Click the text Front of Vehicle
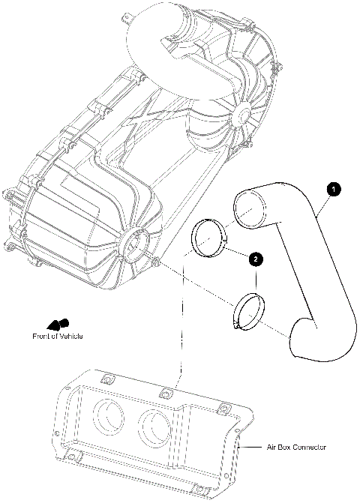(x=57, y=336)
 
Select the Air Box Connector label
(x=297, y=448)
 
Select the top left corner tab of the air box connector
(x=106, y=378)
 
